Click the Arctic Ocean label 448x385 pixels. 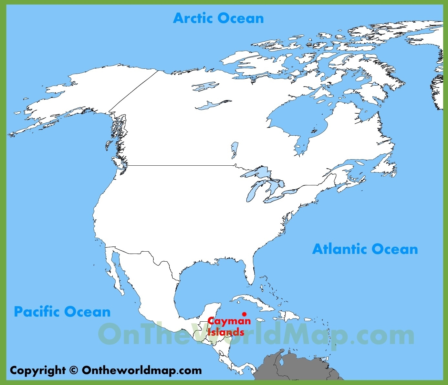[218, 18]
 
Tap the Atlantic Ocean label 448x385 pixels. [365, 249]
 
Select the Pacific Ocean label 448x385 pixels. [62, 312]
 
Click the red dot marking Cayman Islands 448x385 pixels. [244, 314]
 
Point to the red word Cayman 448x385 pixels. [229, 321]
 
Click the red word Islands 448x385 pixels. [225, 332]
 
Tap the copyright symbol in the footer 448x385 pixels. [74, 370]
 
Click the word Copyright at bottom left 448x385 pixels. [37, 370]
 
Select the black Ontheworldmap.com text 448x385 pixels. [142, 370]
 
